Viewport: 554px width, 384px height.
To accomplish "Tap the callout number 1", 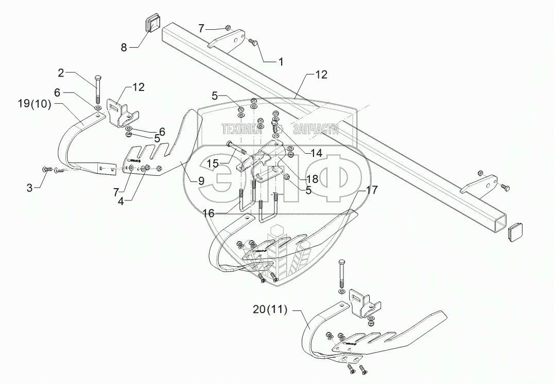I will coord(281,62).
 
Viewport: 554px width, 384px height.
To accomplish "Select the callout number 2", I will coord(61,73).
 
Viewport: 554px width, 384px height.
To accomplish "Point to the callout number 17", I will coord(373,190).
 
